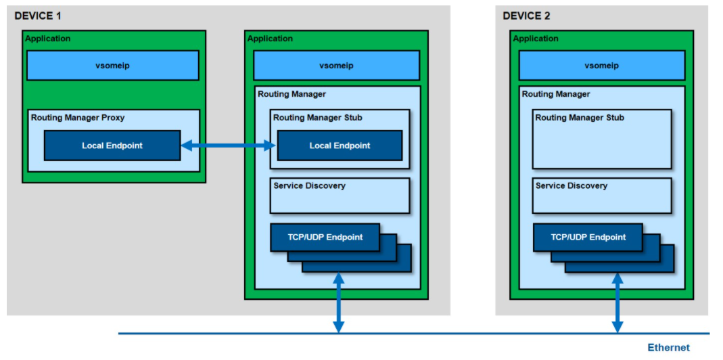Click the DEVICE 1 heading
tap(38, 16)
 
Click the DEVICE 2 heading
tap(526, 16)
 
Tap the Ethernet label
tap(669, 348)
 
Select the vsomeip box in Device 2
tap(602, 66)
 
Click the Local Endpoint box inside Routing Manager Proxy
tap(112, 145)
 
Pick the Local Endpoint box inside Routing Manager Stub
tap(340, 145)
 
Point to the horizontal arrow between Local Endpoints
tap(229, 146)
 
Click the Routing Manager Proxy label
tap(78, 118)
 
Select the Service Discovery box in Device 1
tap(340, 196)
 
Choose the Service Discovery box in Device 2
tap(602, 196)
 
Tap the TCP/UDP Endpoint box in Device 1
tap(325, 238)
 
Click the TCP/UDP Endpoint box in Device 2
tap(588, 238)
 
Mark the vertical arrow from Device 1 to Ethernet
tap(339, 302)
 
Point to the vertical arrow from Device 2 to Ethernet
tap(618, 302)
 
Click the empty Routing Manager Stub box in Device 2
tap(602, 139)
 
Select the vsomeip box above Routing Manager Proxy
tap(113, 66)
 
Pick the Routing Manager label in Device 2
tap(556, 94)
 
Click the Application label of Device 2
tap(536, 39)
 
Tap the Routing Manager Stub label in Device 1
tap(318, 118)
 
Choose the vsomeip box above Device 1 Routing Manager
tap(337, 66)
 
